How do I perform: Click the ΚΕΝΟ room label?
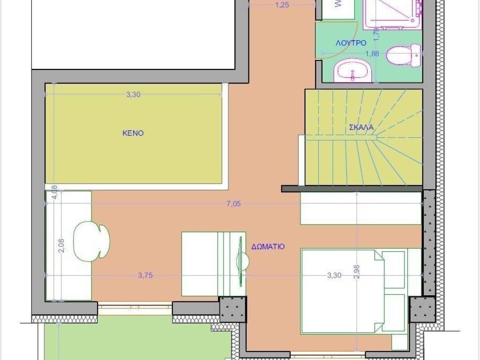click(x=133, y=133)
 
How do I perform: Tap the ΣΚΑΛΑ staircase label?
click(x=361, y=127)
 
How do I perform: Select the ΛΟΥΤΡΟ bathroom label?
click(x=351, y=43)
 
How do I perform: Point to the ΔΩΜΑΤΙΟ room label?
click(x=268, y=246)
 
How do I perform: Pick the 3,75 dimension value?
click(x=145, y=276)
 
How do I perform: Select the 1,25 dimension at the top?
click(x=281, y=5)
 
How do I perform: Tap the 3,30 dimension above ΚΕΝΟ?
click(x=133, y=94)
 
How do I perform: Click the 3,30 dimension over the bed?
click(x=334, y=276)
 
